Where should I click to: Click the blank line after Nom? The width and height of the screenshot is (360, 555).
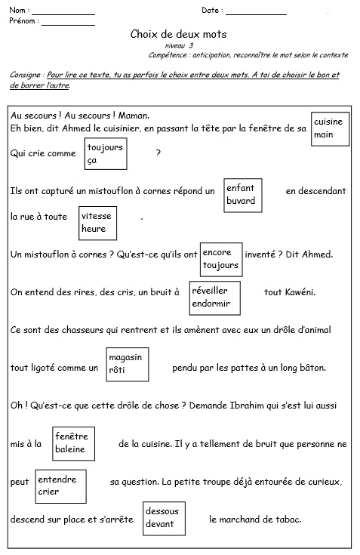(63, 14)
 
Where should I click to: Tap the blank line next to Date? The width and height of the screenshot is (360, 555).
(256, 14)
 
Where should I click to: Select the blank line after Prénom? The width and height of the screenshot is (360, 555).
(69, 25)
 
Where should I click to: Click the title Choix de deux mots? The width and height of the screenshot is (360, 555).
(178, 34)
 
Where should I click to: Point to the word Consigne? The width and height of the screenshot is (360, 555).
(25, 75)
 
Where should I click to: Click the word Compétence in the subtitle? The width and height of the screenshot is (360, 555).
(168, 55)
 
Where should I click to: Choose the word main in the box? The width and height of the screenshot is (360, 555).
(323, 134)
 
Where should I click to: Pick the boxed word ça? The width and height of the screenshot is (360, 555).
(92, 161)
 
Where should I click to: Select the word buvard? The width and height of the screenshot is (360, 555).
(241, 201)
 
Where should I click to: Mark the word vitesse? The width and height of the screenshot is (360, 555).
(96, 216)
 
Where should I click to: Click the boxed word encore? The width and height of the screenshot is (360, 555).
(217, 252)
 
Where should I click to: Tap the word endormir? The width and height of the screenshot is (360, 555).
(211, 304)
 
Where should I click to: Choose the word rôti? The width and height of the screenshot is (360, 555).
(117, 370)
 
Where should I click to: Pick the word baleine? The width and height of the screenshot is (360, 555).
(70, 449)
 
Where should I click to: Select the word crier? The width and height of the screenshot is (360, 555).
(48, 492)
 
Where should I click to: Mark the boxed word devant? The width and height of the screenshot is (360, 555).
(159, 524)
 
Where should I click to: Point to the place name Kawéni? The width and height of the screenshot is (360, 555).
(300, 292)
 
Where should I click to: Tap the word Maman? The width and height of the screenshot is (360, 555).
(134, 116)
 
